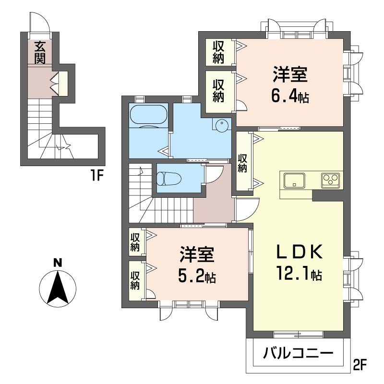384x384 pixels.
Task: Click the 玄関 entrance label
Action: (40, 53)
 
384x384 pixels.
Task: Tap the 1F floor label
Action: (96, 175)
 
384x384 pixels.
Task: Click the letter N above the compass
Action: (58, 263)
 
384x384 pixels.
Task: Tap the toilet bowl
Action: (168, 179)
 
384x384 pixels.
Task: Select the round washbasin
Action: (222, 125)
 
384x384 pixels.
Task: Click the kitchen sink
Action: (294, 181)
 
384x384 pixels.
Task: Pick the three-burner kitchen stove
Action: (331, 180)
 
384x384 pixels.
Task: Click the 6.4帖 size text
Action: (290, 96)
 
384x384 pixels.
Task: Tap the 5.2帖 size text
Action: (197, 277)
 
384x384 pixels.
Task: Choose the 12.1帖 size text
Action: (299, 274)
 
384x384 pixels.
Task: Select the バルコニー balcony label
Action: (298, 353)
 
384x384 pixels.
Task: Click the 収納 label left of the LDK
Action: (242, 163)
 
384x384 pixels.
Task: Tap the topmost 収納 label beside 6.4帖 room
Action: (218, 52)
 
